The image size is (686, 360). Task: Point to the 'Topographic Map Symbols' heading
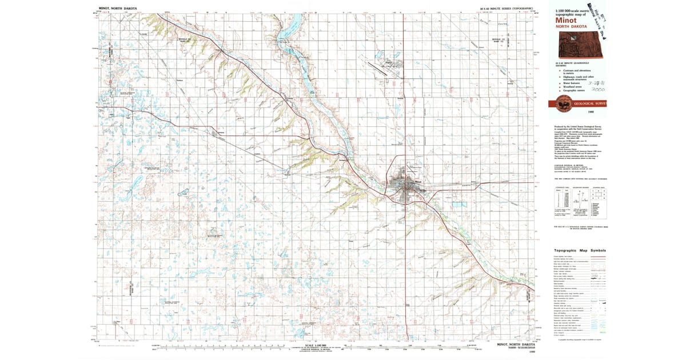(580, 251)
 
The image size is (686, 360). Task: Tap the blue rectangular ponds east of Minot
(458, 203)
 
